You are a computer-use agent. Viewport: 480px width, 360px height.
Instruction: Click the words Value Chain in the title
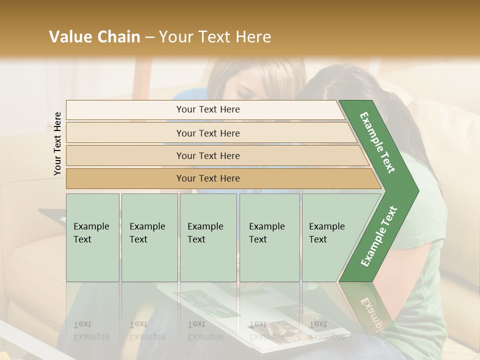94,37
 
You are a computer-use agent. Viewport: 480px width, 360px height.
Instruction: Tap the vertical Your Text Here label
57,144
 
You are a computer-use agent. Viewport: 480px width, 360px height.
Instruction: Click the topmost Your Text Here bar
207,109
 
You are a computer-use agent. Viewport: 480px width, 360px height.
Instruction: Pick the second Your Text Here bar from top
207,133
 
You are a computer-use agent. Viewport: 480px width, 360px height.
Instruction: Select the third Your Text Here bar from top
207,156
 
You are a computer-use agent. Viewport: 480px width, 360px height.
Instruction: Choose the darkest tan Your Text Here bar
207,178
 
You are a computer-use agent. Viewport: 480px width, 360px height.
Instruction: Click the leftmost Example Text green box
92,237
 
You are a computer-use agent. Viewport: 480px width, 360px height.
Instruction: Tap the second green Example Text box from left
149,237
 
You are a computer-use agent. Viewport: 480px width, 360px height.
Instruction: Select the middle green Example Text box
208,237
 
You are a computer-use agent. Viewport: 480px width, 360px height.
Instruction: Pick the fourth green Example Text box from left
269,237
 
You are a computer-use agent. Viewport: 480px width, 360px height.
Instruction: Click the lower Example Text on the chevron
378,236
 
